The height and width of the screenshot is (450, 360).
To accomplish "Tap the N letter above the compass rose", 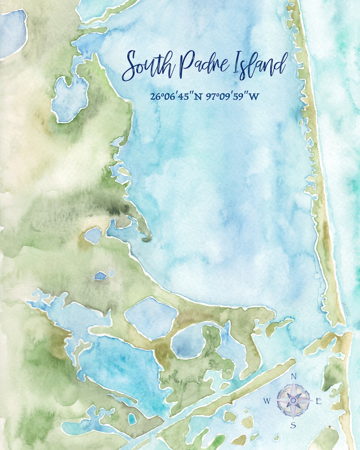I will pos(294,377).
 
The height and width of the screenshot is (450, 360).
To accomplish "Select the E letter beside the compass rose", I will pos(318,401).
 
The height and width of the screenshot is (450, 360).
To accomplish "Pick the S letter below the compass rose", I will pos(293,425).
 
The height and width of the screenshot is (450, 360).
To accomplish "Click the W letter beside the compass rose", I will pos(267,401).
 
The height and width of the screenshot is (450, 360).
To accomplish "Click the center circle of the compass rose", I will pos(293,400).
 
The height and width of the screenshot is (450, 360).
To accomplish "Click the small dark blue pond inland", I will pos(100,275).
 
